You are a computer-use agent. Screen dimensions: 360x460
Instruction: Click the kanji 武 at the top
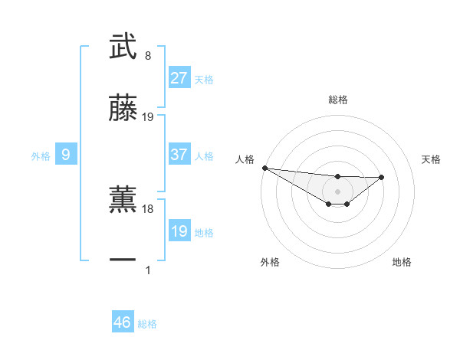[x=123, y=46]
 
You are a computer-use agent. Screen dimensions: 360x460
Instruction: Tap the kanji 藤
[x=123, y=109]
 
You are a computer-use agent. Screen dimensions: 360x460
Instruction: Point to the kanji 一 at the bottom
[x=123, y=260]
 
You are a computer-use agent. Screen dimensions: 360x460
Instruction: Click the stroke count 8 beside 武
[x=147, y=56]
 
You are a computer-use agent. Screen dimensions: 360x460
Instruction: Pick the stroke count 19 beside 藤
[x=148, y=117]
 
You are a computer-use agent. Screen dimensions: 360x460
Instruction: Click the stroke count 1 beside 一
[x=147, y=270]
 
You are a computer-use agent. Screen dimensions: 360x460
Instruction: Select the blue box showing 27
[x=179, y=77]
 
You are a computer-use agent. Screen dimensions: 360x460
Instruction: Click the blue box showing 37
[x=179, y=155]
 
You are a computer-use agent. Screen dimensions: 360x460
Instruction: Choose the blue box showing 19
[x=179, y=231]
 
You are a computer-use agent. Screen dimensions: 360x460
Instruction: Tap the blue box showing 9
[x=66, y=155]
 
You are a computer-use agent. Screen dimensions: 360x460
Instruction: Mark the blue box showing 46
[x=123, y=322]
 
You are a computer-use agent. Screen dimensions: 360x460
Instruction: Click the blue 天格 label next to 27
[x=204, y=79]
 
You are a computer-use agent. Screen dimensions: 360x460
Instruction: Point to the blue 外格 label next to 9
[x=41, y=156]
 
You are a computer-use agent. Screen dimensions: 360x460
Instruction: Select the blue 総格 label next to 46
[x=147, y=324]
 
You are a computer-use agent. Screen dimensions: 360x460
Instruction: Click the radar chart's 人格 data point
[x=264, y=168]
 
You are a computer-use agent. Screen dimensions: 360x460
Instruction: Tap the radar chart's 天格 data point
[x=382, y=178]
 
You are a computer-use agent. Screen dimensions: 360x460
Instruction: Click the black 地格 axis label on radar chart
[x=402, y=262]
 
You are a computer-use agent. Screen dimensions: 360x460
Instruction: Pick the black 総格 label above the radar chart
[x=337, y=100]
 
